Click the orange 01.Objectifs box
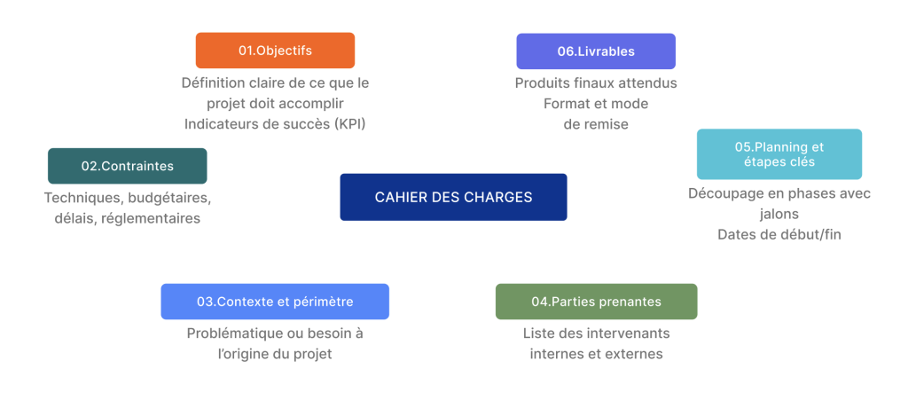pos(275,51)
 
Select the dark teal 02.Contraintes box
pos(128,166)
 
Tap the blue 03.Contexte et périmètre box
pos(275,302)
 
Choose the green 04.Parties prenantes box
pos(597,302)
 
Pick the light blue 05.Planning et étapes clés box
pos(779,154)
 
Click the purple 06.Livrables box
pos(596,51)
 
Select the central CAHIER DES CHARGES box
pos(453,197)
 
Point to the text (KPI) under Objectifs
pos(349,124)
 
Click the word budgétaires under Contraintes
pos(169,198)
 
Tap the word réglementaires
pos(151,219)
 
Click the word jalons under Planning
pos(779,214)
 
